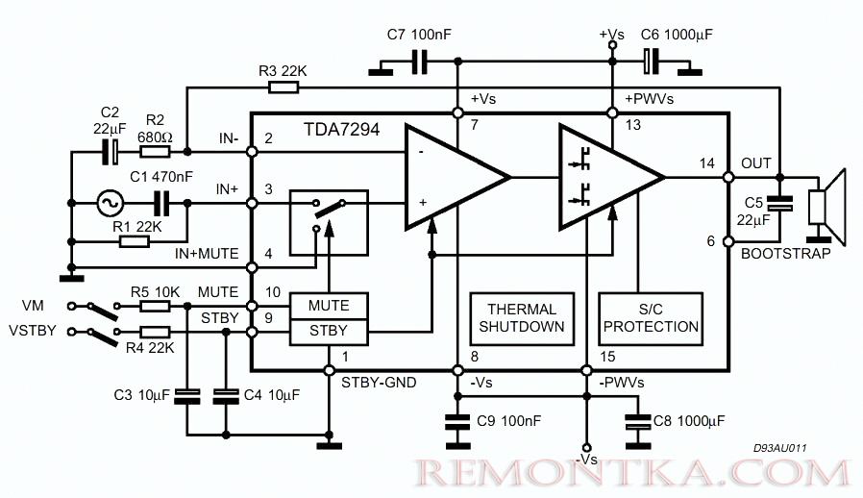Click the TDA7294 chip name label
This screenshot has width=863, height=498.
[x=341, y=130]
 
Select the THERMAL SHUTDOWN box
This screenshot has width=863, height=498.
[x=522, y=318]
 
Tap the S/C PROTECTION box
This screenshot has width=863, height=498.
[x=651, y=318]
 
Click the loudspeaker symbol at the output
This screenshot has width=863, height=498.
[x=826, y=206]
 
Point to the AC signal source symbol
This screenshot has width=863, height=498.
[x=111, y=203]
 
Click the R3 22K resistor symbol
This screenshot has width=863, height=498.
[x=284, y=87]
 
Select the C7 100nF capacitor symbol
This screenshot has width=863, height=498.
[x=419, y=62]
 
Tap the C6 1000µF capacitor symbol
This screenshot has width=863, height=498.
[x=652, y=62]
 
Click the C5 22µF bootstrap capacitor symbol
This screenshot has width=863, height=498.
[x=780, y=203]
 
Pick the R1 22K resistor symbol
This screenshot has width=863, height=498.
[x=135, y=241]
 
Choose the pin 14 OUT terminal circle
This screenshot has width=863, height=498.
[x=728, y=178]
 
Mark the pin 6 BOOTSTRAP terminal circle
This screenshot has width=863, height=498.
[x=728, y=241]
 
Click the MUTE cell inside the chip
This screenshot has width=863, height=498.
[x=329, y=305]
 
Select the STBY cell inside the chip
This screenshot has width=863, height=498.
[x=329, y=331]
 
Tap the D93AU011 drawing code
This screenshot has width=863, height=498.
[x=780, y=448]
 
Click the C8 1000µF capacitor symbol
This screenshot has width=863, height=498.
[x=638, y=422]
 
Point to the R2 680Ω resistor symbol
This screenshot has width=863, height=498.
[x=155, y=152]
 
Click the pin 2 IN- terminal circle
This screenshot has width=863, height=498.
[x=252, y=152]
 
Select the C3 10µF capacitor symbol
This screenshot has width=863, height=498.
[x=186, y=395]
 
